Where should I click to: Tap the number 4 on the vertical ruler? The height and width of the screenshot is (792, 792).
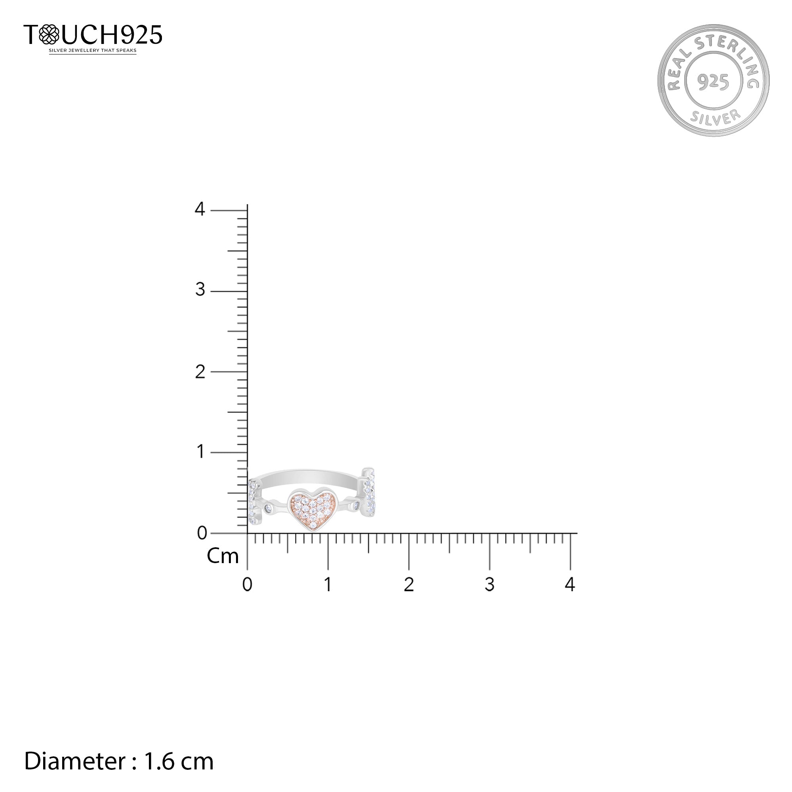[200, 209]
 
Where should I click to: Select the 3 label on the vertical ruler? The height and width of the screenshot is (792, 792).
[200, 289]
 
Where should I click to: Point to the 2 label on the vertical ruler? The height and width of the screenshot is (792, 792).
[200, 372]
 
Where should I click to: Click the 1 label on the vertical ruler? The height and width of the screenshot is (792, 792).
[200, 452]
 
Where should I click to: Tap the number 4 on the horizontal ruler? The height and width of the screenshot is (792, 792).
[570, 584]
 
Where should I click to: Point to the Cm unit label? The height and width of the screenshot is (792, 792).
[223, 556]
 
